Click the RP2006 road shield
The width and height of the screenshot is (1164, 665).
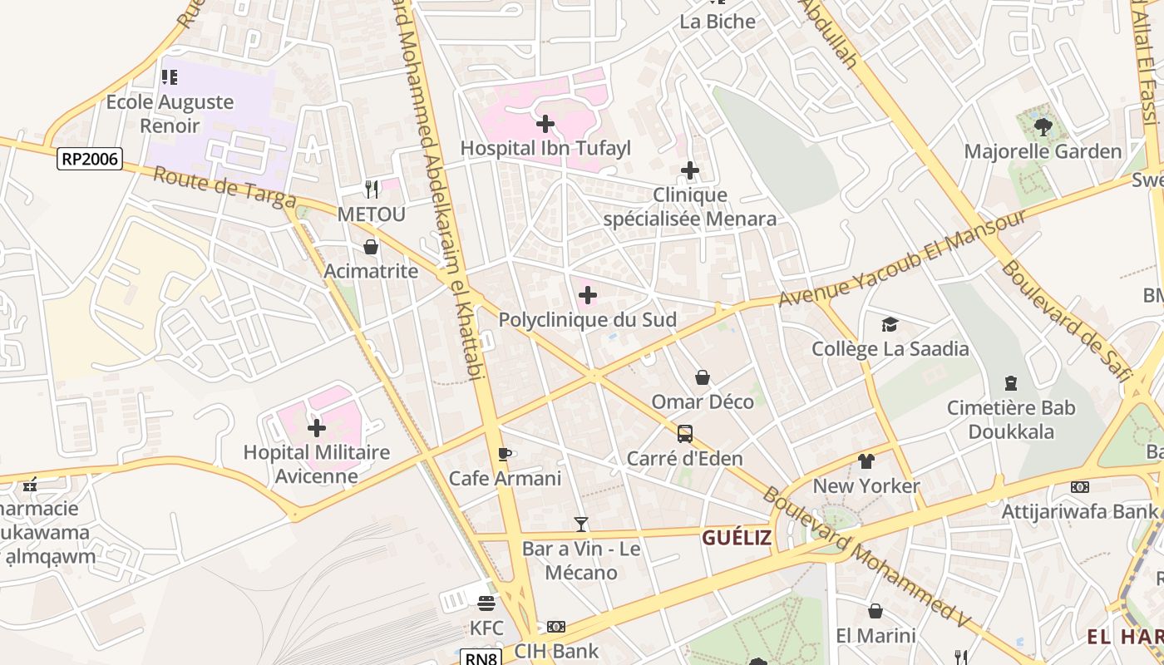pos(90,158)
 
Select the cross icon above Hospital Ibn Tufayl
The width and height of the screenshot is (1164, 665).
pos(545,124)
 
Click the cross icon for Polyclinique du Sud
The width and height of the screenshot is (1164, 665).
pos(588,295)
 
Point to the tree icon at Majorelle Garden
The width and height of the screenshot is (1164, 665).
pos(1043,127)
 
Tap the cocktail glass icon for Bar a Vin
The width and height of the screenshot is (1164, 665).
pos(581,525)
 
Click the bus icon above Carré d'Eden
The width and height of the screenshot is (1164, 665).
pos(684,433)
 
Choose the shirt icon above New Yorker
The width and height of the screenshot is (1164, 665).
pos(866,461)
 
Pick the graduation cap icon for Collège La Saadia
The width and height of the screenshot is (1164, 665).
pos(890,324)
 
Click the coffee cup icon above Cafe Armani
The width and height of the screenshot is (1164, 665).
pos(504,454)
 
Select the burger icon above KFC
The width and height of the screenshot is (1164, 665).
pos(486,603)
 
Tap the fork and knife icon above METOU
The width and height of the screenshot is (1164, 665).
pos(372,190)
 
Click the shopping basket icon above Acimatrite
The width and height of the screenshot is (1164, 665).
pos(371,247)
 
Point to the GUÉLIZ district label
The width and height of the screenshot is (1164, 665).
pos(737,538)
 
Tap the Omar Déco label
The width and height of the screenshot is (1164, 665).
pos(703,401)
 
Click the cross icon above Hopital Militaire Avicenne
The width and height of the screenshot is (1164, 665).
pos(317,428)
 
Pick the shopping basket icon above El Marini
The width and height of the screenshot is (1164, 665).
pos(875,611)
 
